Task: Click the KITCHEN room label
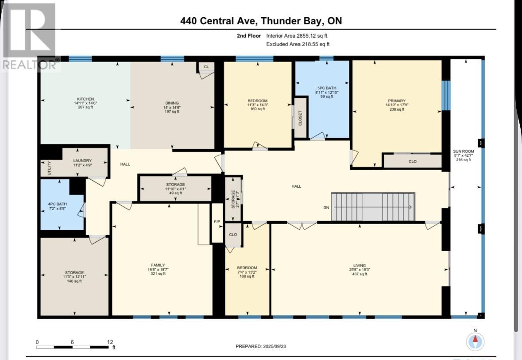pyautogui.click(x=85, y=99)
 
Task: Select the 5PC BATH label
pyautogui.click(x=326, y=88)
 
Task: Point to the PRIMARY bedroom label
pyautogui.click(x=397, y=101)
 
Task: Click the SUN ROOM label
pyautogui.click(x=464, y=151)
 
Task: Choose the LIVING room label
pyautogui.click(x=360, y=266)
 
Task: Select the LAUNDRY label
pyautogui.click(x=83, y=161)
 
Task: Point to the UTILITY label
pyautogui.click(x=49, y=168)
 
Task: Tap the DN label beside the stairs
pyautogui.click(x=326, y=208)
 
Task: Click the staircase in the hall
pyautogui.click(x=373, y=207)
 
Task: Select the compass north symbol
pyautogui.click(x=475, y=341)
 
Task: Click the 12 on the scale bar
pyautogui.click(x=110, y=342)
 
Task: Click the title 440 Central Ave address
pyautogui.click(x=261, y=21)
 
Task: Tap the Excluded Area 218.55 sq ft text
pyautogui.click(x=298, y=44)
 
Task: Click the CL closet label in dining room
pyautogui.click(x=206, y=67)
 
